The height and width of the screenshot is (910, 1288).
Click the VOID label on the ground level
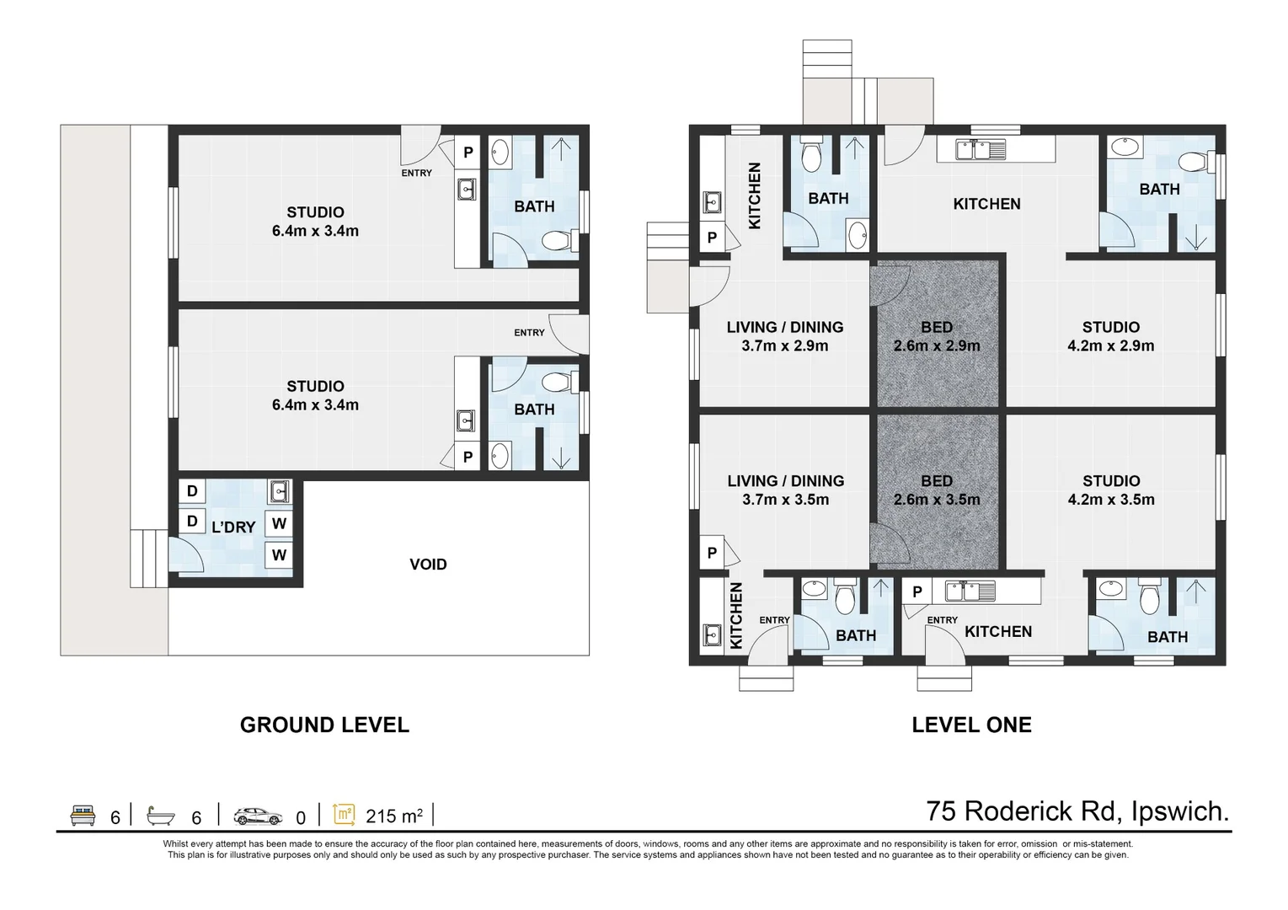pyautogui.click(x=428, y=565)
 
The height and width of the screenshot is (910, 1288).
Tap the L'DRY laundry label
pyautogui.click(x=233, y=527)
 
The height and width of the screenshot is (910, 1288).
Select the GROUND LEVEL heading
pyautogui.click(x=324, y=725)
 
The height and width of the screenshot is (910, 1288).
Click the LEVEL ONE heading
pyautogui.click(x=971, y=725)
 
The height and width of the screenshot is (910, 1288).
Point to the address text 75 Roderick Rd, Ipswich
pyautogui.click(x=1077, y=811)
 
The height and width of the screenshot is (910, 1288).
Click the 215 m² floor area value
pyautogui.click(x=393, y=816)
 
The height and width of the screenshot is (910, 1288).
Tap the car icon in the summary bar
pyautogui.click(x=258, y=816)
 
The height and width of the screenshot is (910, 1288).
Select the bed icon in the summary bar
pyautogui.click(x=83, y=816)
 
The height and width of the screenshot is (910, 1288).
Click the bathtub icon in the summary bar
pyautogui.click(x=160, y=816)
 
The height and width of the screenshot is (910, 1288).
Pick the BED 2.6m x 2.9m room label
pyautogui.click(x=937, y=336)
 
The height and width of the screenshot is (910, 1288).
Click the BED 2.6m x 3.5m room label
pyautogui.click(x=937, y=490)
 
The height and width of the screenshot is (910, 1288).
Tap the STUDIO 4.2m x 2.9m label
pyautogui.click(x=1110, y=336)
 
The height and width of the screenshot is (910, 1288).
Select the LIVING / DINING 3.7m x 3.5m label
pyautogui.click(x=785, y=490)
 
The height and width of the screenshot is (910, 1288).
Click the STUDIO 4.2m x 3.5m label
pyautogui.click(x=1110, y=490)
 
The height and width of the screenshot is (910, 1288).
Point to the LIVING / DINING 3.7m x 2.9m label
pyautogui.click(x=785, y=336)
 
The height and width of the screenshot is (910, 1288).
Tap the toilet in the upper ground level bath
pyautogui.click(x=557, y=243)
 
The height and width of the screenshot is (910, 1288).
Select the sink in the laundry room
pyautogui.click(x=279, y=491)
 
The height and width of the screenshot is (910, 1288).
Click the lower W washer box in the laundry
pyautogui.click(x=279, y=555)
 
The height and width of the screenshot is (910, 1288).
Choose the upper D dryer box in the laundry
pyautogui.click(x=192, y=491)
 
